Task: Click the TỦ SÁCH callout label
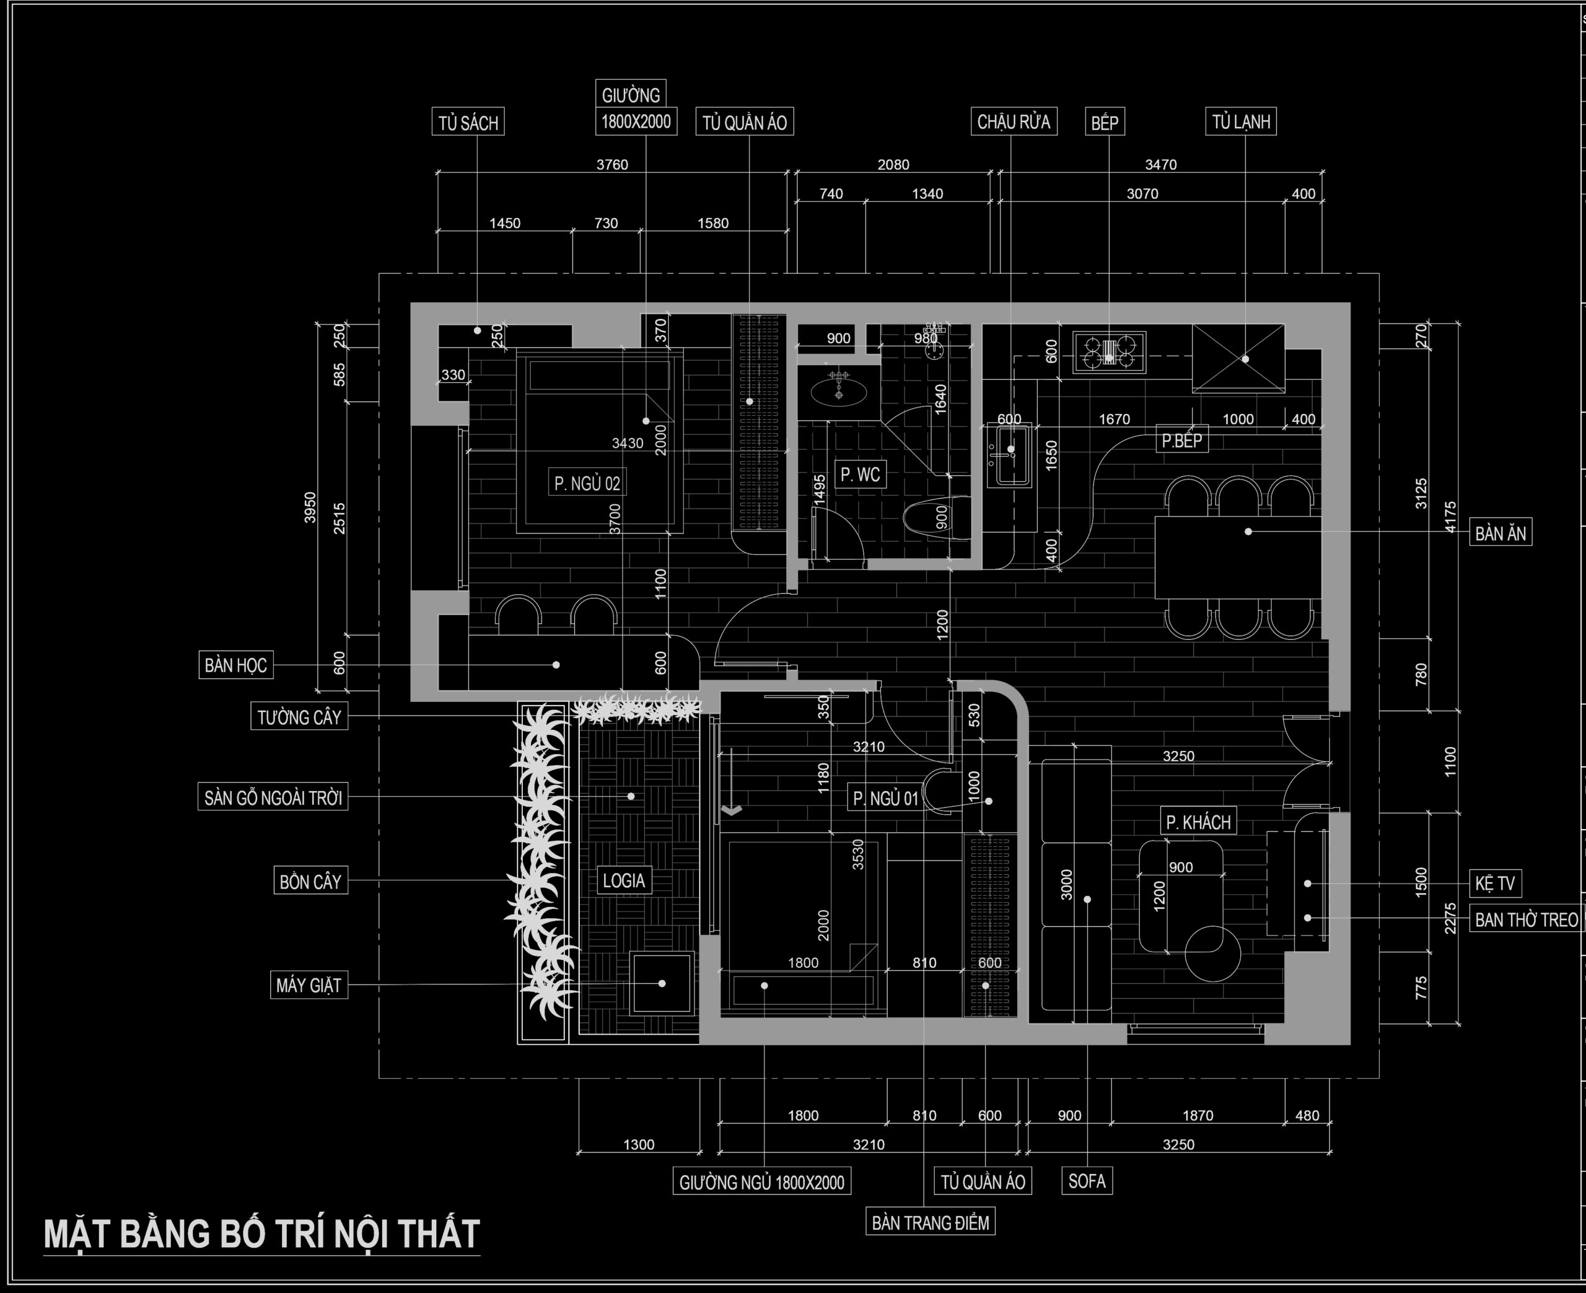(x=468, y=122)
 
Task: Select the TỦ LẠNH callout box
(x=1240, y=121)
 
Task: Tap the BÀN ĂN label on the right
(x=1501, y=533)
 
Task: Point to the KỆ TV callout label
(x=1494, y=883)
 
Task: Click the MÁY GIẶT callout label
(x=309, y=985)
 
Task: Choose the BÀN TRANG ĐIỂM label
(x=930, y=1222)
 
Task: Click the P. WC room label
(x=860, y=475)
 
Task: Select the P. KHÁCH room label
(x=1198, y=822)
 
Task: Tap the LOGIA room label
(x=623, y=880)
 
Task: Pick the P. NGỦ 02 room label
(x=587, y=483)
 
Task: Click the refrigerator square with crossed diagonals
(x=1238, y=357)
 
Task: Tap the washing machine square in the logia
(x=662, y=983)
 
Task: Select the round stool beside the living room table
(x=1212, y=953)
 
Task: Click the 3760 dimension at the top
(x=612, y=165)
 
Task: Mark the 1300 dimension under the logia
(x=639, y=1145)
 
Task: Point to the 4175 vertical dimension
(x=1450, y=517)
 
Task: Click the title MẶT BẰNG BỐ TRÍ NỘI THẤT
(x=261, y=1235)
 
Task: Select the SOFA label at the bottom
(x=1087, y=1181)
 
